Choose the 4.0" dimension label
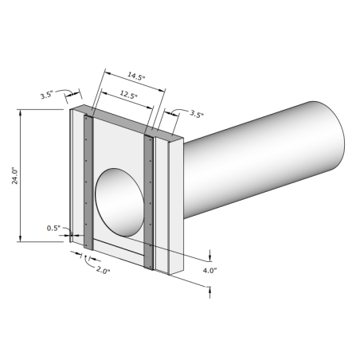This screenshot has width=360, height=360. click(x=210, y=271)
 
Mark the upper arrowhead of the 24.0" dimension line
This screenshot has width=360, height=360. click(x=20, y=112)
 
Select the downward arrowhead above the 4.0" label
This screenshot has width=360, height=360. click(x=210, y=256)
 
